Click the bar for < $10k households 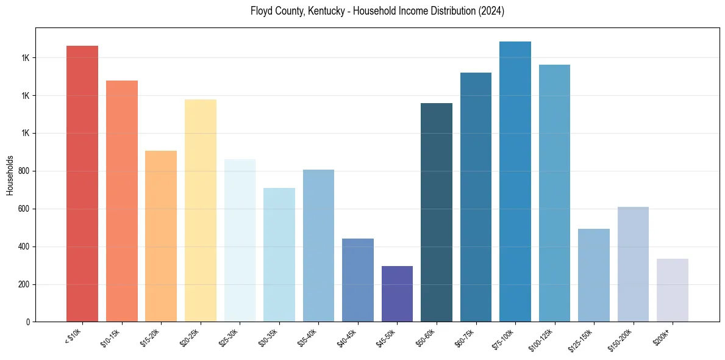(82, 183)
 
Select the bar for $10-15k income (122, 201)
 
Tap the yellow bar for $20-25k (201, 211)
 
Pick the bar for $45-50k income (397, 293)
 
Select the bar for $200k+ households (673, 290)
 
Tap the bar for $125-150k (594, 275)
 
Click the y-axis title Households (10, 175)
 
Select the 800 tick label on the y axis (24, 171)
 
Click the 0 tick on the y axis (28, 322)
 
